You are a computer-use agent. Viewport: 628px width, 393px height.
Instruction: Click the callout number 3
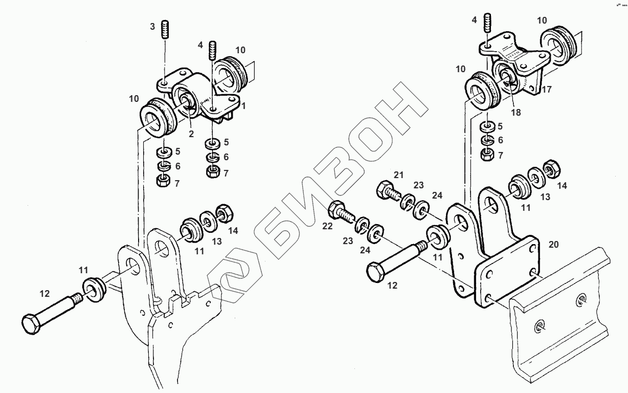152,27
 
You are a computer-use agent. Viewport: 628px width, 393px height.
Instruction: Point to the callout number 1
244,105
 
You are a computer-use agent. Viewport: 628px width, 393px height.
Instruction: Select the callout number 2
190,134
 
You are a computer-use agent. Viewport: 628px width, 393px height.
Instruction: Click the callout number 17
547,89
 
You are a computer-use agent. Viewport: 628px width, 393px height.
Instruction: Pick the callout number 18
515,112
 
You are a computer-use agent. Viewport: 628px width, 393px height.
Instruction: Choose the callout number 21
399,176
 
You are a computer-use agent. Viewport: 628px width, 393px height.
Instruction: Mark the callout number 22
328,226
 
